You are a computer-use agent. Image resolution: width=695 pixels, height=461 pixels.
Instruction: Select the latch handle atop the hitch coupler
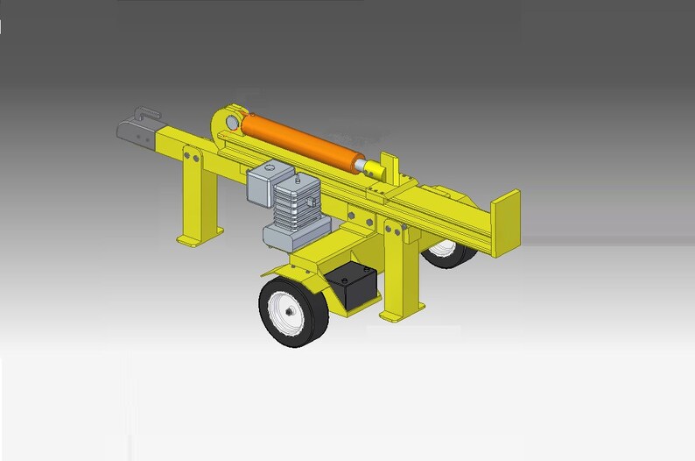(x=145, y=112)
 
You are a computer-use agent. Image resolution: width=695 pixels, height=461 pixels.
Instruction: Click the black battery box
(x=354, y=286)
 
